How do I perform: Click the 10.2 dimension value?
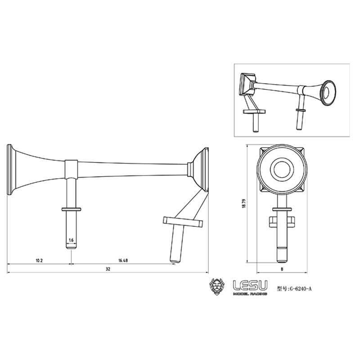click(39, 261)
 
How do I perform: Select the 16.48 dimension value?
click(122, 261)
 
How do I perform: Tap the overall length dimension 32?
click(108, 269)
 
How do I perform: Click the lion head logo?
click(218, 288)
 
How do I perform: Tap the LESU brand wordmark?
click(250, 285)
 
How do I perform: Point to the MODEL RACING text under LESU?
click(250, 294)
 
